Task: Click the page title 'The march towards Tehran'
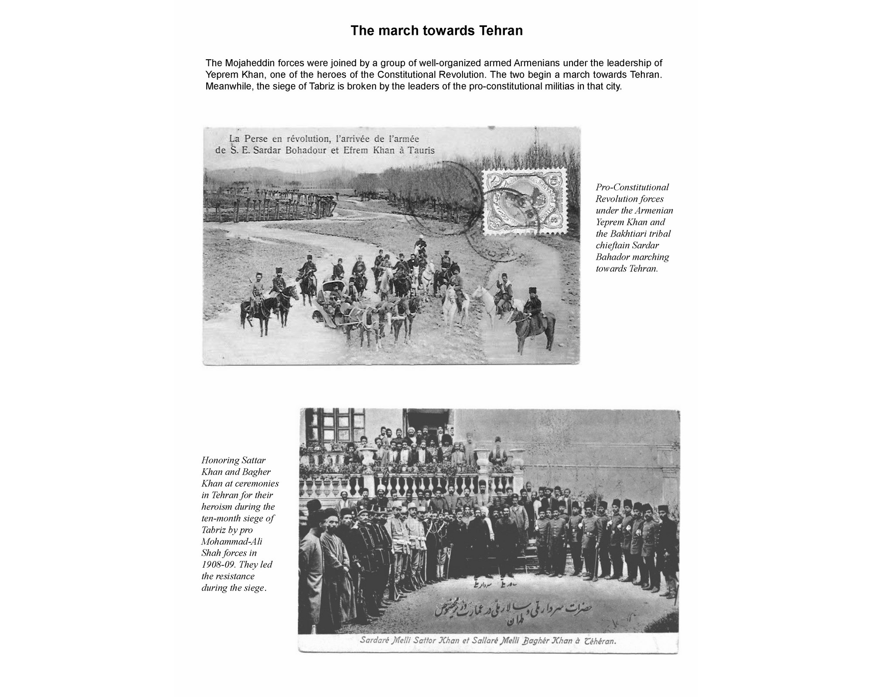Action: coord(436,31)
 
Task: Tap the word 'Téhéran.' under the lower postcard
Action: coord(600,641)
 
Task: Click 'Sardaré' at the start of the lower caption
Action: coord(375,641)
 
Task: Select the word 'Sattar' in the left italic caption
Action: coord(252,460)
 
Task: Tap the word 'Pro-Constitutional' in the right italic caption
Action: coord(632,187)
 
